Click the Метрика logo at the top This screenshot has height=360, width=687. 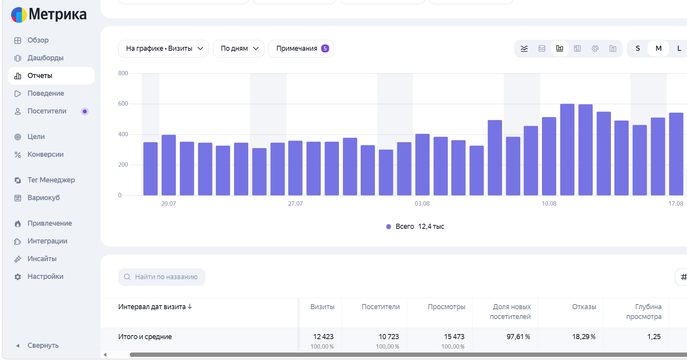pyautogui.click(x=49, y=15)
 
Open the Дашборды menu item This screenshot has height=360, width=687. pyautogui.click(x=45, y=58)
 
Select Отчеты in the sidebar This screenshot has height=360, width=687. pyautogui.click(x=40, y=76)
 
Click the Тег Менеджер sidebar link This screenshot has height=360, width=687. pyautogui.click(x=51, y=180)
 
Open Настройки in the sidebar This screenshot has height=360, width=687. pyautogui.click(x=45, y=276)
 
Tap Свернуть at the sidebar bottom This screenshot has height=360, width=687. pyautogui.click(x=43, y=345)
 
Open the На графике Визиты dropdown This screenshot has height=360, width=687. pyautogui.click(x=163, y=48)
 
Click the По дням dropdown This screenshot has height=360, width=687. pyautogui.click(x=238, y=48)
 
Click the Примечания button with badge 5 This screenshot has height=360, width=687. pyautogui.click(x=301, y=48)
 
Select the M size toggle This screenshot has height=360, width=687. pyautogui.click(x=659, y=48)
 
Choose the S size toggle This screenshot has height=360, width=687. pyautogui.click(x=638, y=48)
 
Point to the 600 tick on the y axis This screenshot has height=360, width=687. pyautogui.click(x=123, y=104)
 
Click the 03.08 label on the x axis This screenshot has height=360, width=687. pyautogui.click(x=422, y=204)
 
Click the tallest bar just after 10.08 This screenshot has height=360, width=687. pyautogui.click(x=567, y=150)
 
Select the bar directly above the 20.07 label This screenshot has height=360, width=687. pyautogui.click(x=169, y=165)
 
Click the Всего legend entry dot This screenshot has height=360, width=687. pyautogui.click(x=389, y=226)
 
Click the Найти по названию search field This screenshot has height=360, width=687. pyautogui.click(x=162, y=277)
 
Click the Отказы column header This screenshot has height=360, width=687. pyautogui.click(x=584, y=307)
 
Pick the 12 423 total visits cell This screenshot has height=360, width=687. pyautogui.click(x=323, y=337)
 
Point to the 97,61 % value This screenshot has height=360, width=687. pyautogui.click(x=518, y=337)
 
